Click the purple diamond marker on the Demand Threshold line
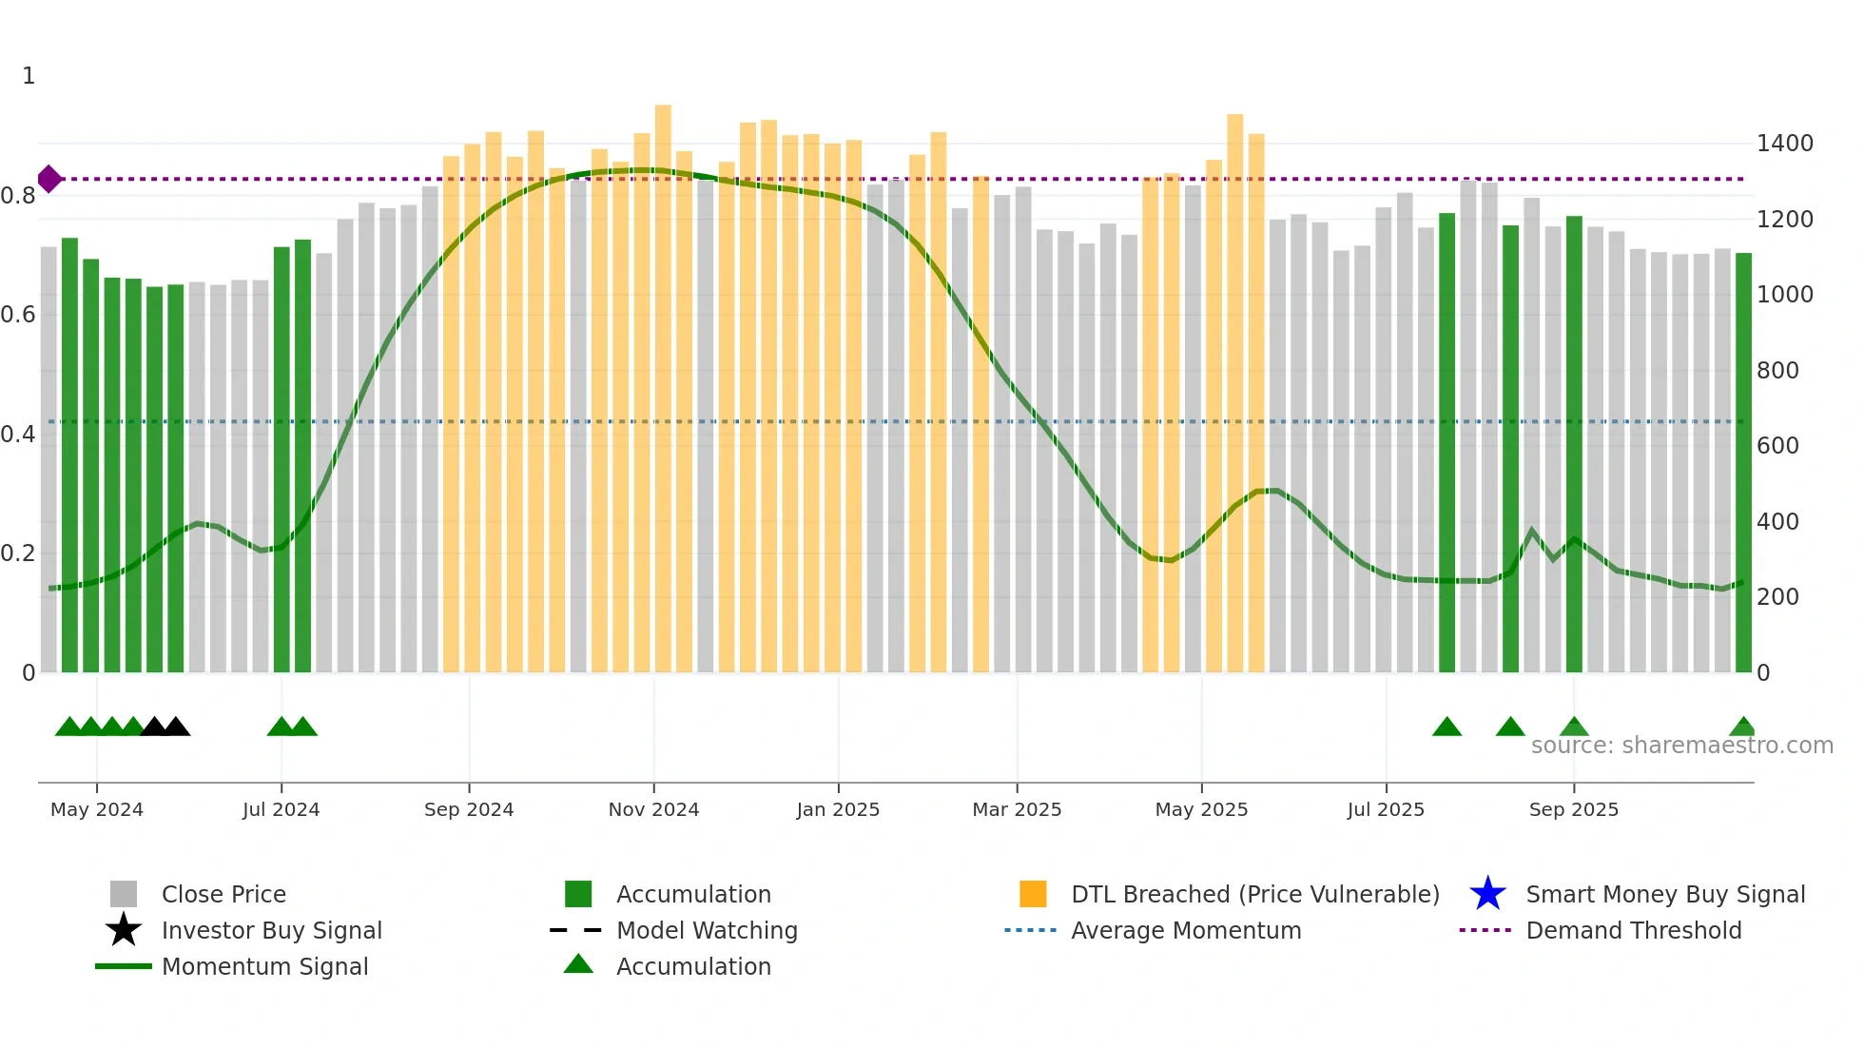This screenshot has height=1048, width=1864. (x=49, y=179)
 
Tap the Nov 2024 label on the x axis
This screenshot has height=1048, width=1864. (x=653, y=809)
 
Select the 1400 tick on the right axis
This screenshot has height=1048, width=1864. (x=1784, y=144)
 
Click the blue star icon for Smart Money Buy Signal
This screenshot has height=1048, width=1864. (x=1487, y=894)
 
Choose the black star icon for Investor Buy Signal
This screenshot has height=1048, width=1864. (x=124, y=930)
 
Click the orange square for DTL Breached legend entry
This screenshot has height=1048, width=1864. (x=1033, y=894)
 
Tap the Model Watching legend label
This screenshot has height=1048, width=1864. (x=707, y=930)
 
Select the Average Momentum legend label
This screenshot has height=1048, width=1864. (x=1186, y=930)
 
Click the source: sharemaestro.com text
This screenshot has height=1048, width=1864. (x=1681, y=746)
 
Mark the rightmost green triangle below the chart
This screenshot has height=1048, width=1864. (x=1742, y=728)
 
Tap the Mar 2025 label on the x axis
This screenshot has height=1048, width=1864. (x=1017, y=809)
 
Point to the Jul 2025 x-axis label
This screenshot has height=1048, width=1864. (x=1386, y=809)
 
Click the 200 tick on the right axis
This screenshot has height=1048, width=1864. (x=1777, y=597)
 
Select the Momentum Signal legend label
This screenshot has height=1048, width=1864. (x=264, y=966)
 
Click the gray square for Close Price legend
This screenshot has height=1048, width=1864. (x=124, y=894)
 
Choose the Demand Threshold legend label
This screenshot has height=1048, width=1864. (x=1633, y=930)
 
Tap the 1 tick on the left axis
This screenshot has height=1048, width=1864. (x=29, y=76)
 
